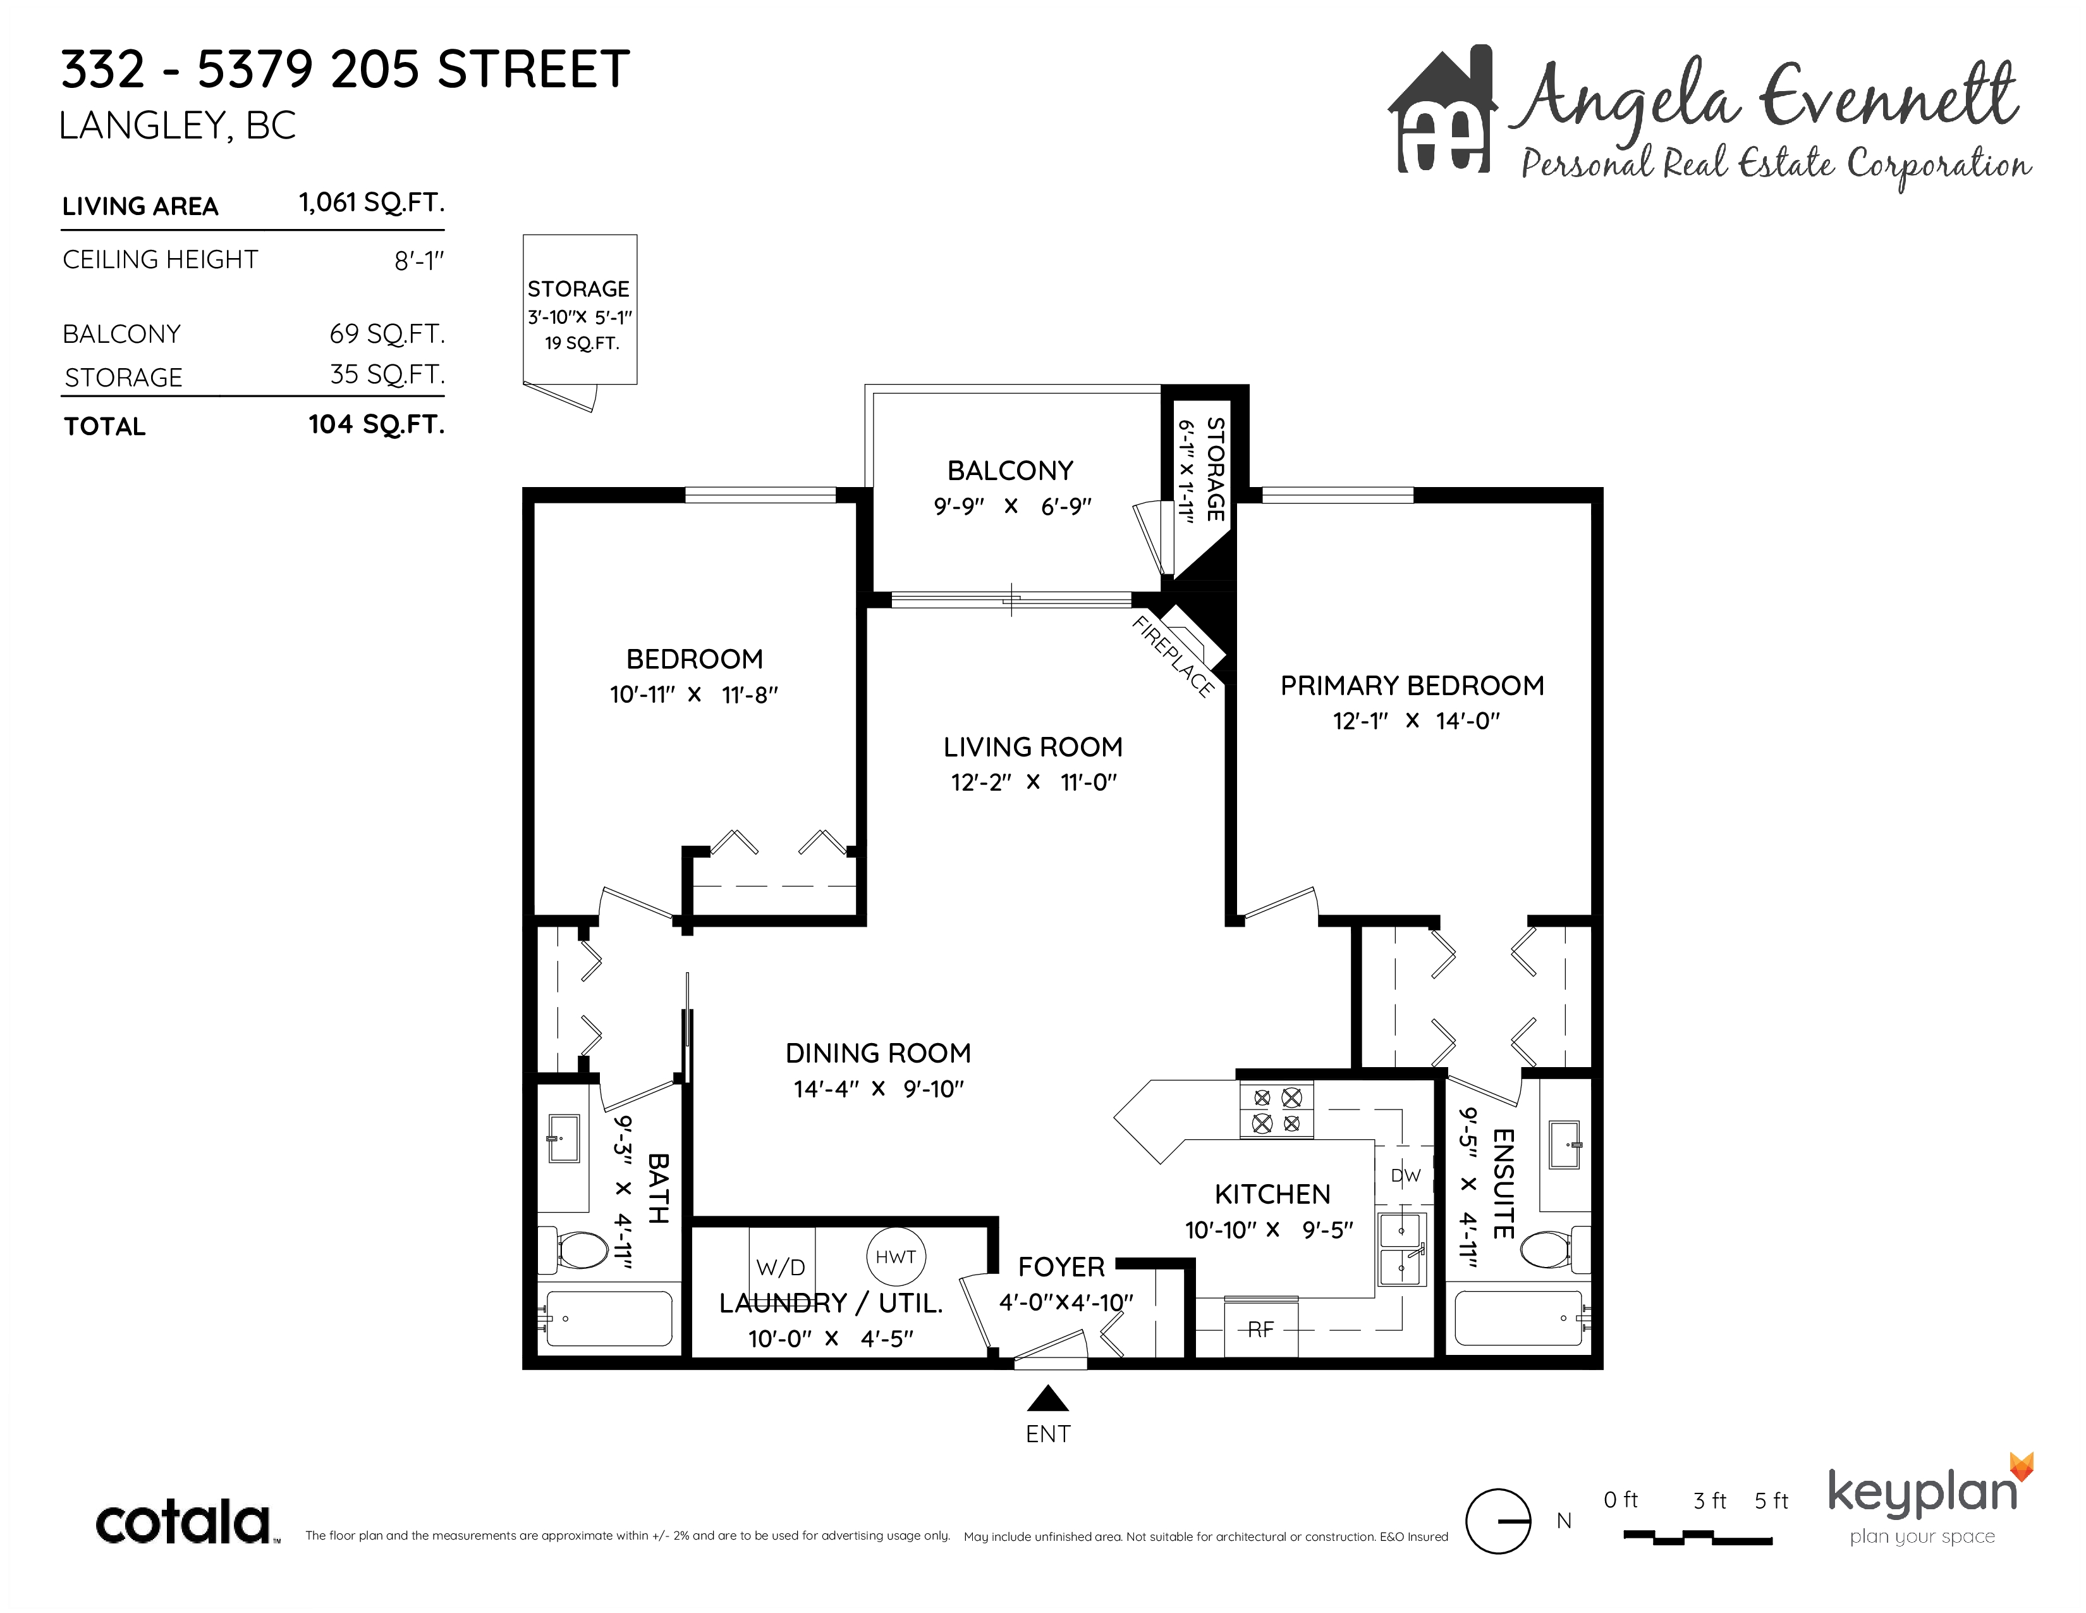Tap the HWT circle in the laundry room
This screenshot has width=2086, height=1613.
(895, 1257)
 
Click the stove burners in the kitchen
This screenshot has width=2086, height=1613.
(1276, 1110)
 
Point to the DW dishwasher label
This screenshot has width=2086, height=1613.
(1405, 1175)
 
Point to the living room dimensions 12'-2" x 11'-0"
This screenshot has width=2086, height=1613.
(1034, 782)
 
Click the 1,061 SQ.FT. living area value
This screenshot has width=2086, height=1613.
(372, 202)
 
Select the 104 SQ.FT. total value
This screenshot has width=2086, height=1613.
(376, 424)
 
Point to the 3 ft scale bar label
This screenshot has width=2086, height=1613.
(1710, 1500)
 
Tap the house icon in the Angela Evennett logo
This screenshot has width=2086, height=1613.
(1443, 110)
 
